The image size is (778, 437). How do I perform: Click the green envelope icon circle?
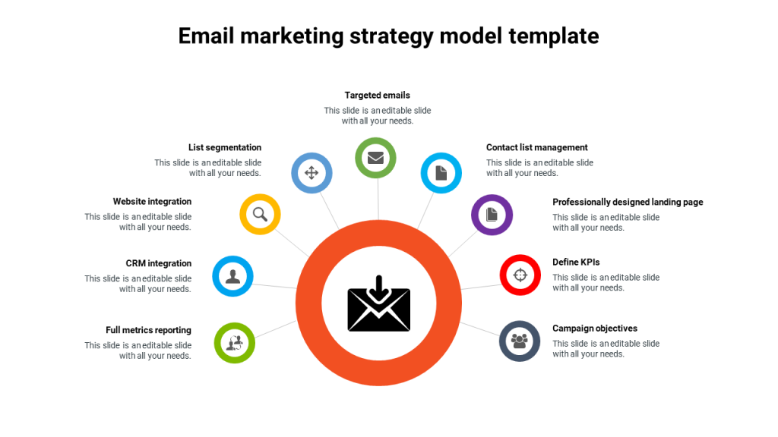click(375, 158)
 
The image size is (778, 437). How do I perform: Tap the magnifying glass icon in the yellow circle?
click(260, 214)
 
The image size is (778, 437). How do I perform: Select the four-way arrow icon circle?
click(312, 172)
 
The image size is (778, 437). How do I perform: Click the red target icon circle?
click(520, 275)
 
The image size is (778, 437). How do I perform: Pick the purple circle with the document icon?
click(492, 215)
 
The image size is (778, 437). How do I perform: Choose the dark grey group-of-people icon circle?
click(520, 341)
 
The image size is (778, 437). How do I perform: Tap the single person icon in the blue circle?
click(232, 276)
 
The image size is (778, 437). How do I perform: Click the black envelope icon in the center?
click(378, 304)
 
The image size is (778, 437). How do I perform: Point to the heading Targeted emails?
click(377, 96)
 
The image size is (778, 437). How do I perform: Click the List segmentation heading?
click(225, 148)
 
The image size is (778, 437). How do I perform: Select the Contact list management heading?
click(537, 148)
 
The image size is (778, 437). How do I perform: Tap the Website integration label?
click(152, 202)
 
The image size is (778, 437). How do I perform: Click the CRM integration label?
click(159, 264)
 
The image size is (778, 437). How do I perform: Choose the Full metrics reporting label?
click(148, 331)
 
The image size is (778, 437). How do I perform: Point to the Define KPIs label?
click(576, 263)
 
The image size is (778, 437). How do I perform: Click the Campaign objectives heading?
click(595, 329)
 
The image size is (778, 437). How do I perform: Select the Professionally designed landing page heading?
click(628, 203)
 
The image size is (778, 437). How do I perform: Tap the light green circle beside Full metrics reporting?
click(234, 343)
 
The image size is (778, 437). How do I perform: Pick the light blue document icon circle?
click(441, 173)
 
